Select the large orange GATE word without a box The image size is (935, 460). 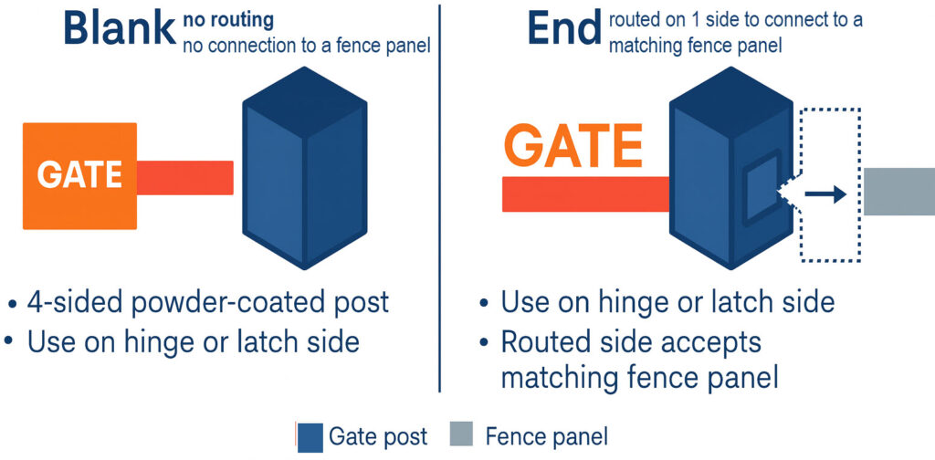[573, 145]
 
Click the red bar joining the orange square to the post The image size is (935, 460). [185, 177]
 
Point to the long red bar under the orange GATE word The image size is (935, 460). [584, 193]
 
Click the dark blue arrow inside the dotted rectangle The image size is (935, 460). [825, 193]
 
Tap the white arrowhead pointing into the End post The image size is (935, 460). [788, 193]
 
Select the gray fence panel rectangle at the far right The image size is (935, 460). [898, 192]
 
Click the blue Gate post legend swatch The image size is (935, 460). [310, 436]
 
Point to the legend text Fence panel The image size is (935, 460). [546, 436]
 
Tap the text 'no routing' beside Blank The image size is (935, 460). [228, 18]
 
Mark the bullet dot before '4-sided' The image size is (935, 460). [10, 304]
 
